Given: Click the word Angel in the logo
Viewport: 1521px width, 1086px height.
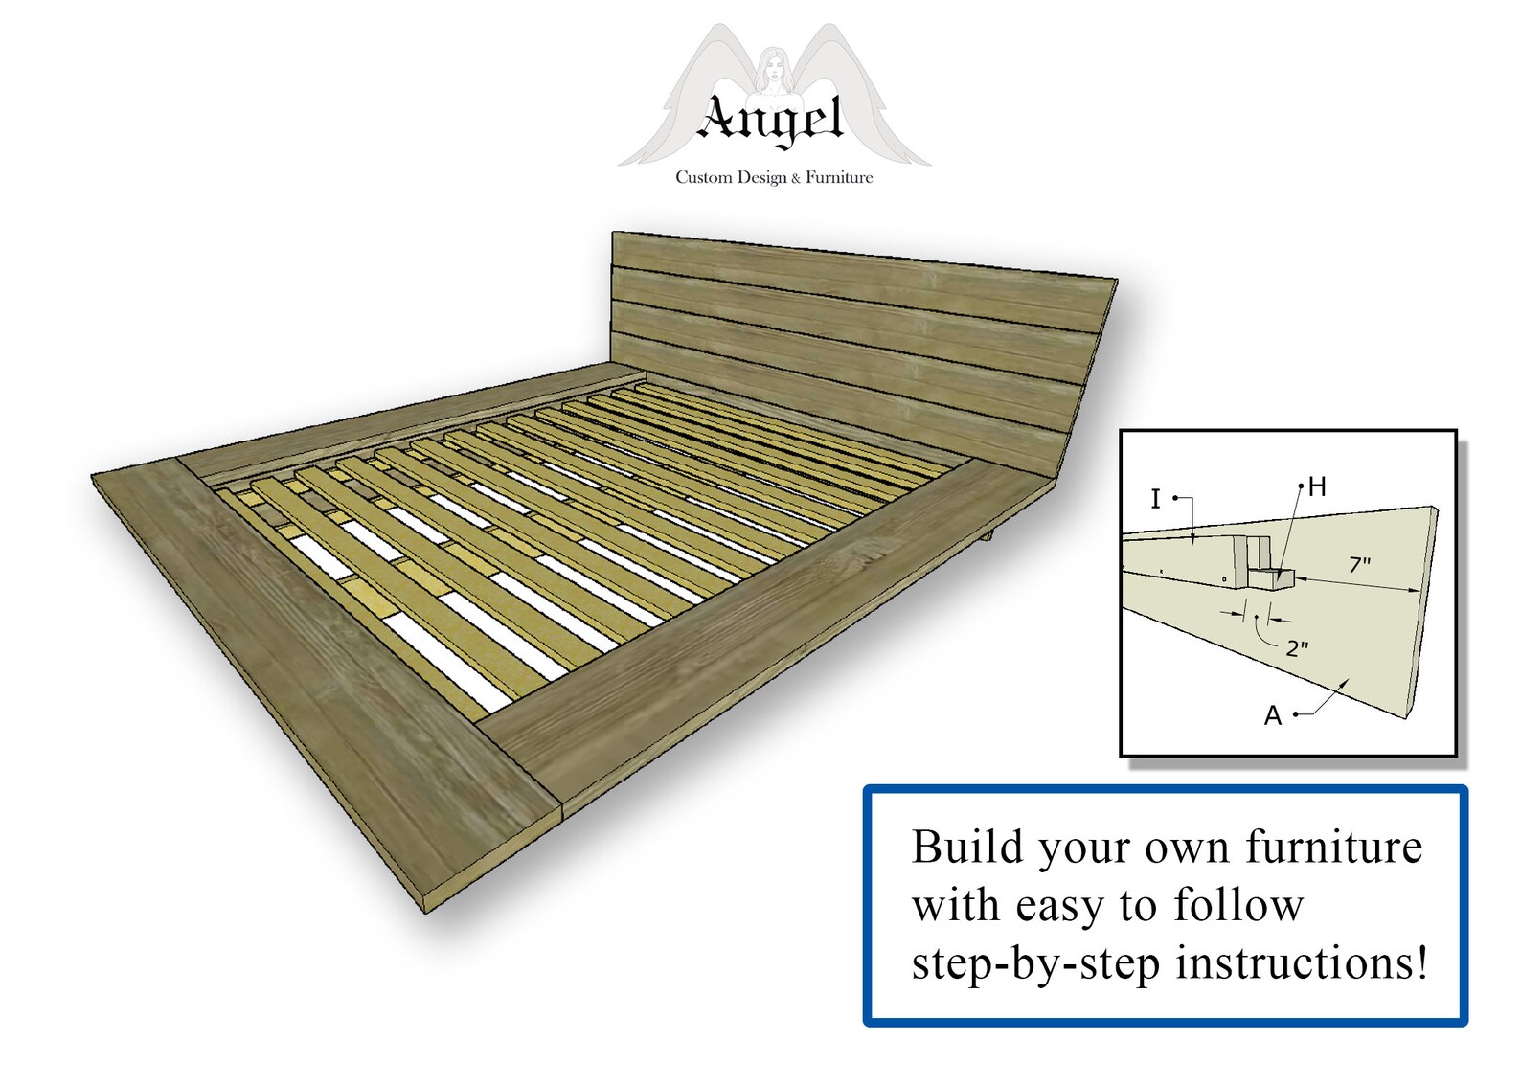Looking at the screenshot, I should tap(772, 121).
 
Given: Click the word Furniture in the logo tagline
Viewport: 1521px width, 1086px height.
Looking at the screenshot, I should tap(839, 177).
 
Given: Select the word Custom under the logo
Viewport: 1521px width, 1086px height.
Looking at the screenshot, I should tap(703, 177).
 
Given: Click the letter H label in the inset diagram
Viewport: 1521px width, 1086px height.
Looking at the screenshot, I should tap(1317, 487).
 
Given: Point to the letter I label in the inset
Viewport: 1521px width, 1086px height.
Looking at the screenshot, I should tap(1155, 499).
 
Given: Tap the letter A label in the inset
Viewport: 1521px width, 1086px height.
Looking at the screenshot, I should tap(1272, 715).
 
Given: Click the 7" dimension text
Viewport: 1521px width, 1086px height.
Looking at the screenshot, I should tap(1359, 565).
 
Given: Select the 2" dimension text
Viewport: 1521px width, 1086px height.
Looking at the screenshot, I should tap(1297, 648).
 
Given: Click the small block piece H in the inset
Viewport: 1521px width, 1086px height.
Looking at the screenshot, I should tap(1272, 577).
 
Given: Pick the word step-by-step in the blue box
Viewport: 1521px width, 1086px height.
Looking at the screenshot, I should tap(1035, 964).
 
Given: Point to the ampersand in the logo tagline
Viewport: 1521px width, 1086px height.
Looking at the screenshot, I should tap(795, 178).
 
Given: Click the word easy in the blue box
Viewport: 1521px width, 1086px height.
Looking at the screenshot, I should tap(1057, 906).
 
